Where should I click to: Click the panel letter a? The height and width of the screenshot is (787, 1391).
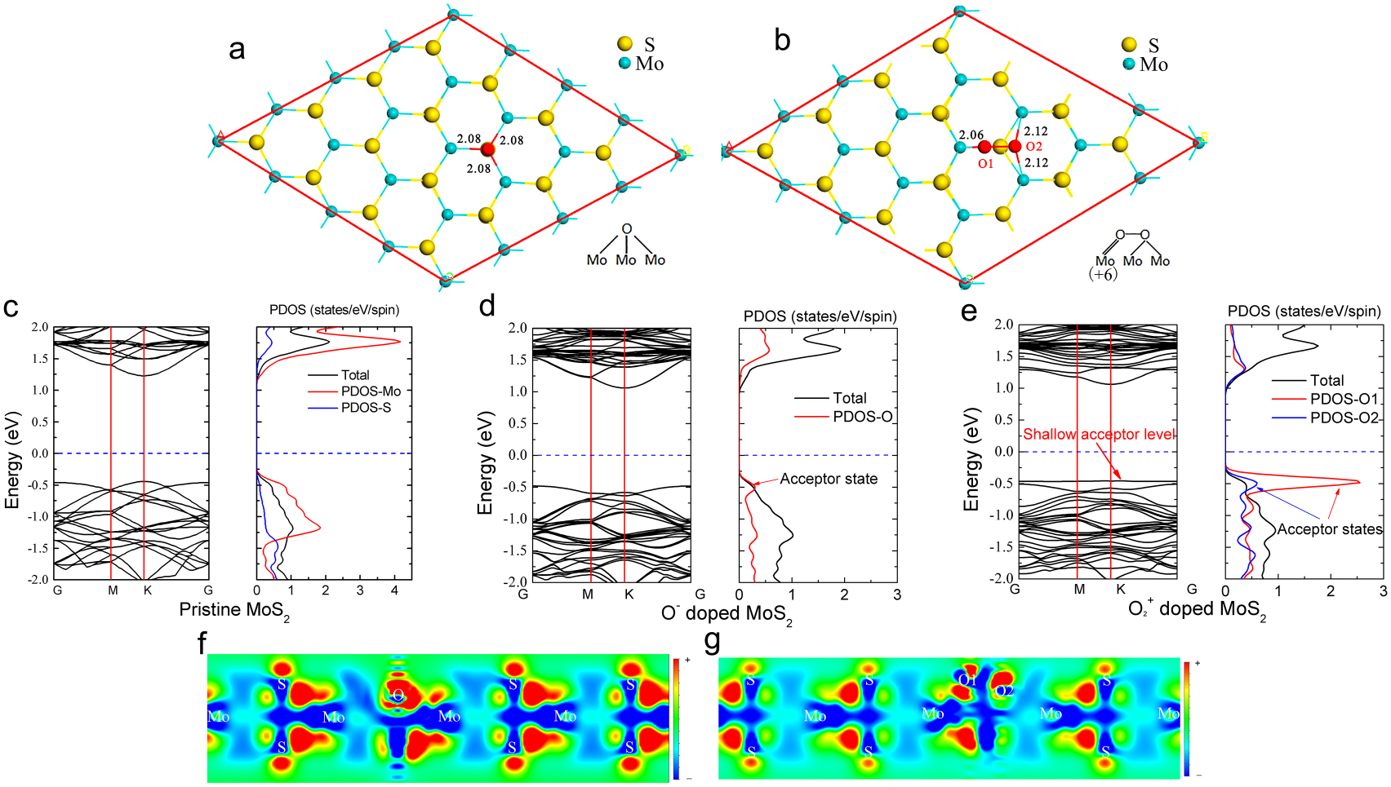[x=237, y=50]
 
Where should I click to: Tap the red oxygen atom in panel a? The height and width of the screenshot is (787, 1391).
[x=488, y=149]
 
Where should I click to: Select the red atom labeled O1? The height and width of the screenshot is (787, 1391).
[x=984, y=147]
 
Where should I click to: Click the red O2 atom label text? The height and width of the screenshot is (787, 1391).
[x=1034, y=147]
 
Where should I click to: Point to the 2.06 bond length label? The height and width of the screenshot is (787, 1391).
[x=971, y=135]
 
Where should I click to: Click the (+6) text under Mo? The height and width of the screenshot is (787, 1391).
[x=1103, y=275]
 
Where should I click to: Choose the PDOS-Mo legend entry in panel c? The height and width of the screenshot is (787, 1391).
[x=371, y=391]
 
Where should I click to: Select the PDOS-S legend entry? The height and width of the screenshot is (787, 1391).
[x=366, y=408]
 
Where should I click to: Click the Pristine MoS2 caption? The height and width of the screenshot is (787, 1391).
[x=234, y=611]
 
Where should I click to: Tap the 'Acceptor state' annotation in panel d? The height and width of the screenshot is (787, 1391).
[x=829, y=480]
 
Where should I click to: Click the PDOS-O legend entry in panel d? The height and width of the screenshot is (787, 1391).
[x=862, y=417]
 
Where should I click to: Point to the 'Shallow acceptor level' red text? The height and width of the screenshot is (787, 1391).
[x=1099, y=435]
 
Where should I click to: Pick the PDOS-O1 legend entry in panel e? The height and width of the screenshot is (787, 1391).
[x=1344, y=399]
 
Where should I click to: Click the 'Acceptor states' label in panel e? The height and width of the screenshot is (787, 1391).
[x=1330, y=529]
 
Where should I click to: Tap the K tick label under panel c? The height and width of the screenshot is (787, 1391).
[x=148, y=590]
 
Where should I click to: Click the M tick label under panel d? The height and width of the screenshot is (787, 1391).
[x=588, y=595]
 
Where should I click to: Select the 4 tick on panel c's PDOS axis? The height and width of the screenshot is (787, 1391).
[x=395, y=590]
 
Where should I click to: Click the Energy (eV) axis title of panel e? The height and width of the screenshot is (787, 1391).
[x=971, y=459]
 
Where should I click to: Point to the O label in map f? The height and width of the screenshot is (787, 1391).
[x=398, y=696]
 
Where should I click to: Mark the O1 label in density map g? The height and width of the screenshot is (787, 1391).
[x=967, y=680]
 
